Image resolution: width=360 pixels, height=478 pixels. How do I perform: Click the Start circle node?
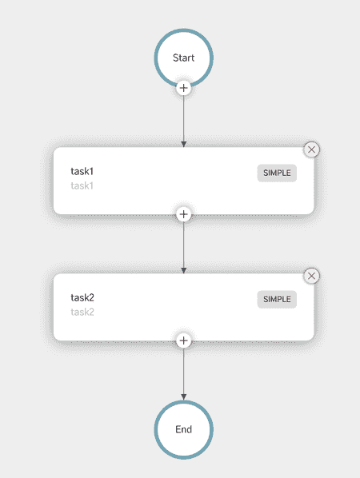[184, 58]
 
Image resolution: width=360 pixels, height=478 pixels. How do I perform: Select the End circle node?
[184, 429]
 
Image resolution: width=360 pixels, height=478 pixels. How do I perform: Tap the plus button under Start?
[184, 88]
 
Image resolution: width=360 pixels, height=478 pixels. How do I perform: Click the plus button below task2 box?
[184, 341]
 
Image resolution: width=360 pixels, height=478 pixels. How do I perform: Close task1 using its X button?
[311, 149]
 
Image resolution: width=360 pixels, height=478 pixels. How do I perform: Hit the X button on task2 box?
[311, 276]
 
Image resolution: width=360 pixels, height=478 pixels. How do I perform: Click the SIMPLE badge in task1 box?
[277, 173]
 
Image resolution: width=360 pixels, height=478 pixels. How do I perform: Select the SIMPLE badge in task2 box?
[277, 299]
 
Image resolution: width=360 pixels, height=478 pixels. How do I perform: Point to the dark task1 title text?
[82, 171]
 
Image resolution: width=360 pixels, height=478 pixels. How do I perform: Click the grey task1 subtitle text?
[82, 185]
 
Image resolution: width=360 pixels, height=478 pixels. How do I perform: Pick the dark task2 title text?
[82, 297]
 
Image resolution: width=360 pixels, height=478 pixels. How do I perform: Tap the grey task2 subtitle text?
[82, 312]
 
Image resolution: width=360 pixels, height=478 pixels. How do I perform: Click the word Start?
[184, 58]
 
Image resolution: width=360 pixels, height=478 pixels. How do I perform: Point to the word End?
[184, 429]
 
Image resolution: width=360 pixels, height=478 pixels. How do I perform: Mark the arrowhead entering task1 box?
[184, 144]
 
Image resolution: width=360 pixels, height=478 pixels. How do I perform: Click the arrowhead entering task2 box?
[184, 270]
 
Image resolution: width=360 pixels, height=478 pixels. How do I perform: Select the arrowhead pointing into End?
[184, 397]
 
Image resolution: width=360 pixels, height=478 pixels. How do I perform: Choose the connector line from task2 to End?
[184, 374]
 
